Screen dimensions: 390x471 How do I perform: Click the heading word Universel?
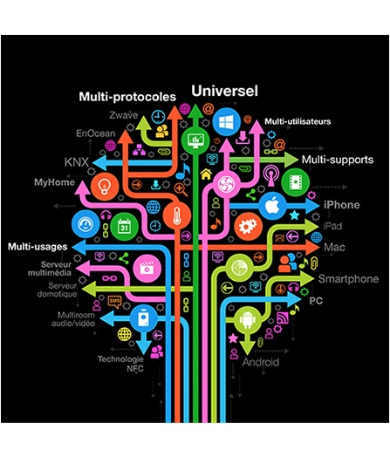(x=224, y=91)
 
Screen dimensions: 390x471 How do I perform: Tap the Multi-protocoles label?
(x=127, y=97)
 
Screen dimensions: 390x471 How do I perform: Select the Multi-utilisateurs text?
(x=298, y=121)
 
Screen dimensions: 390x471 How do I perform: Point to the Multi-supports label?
(x=338, y=160)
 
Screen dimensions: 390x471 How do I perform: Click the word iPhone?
(x=342, y=205)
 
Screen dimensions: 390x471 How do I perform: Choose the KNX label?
(x=77, y=162)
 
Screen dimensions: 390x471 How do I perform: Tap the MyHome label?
(x=54, y=182)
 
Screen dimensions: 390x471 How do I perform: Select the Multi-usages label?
(x=38, y=247)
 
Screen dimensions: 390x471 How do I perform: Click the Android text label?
(x=261, y=362)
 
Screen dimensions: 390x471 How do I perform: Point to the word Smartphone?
(x=348, y=279)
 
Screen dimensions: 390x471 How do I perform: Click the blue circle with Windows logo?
(x=226, y=122)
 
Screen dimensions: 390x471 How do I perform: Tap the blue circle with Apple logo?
(x=272, y=206)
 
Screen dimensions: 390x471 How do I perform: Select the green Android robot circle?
(x=247, y=319)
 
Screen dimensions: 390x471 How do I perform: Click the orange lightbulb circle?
(x=105, y=187)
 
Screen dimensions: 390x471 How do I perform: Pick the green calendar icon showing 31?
(x=124, y=227)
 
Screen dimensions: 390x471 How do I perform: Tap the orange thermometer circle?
(x=177, y=215)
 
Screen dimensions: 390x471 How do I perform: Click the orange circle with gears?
(x=248, y=227)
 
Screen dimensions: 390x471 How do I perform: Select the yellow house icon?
(x=206, y=174)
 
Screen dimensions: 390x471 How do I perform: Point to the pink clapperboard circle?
(x=147, y=269)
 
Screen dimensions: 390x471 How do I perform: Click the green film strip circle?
(x=295, y=182)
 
